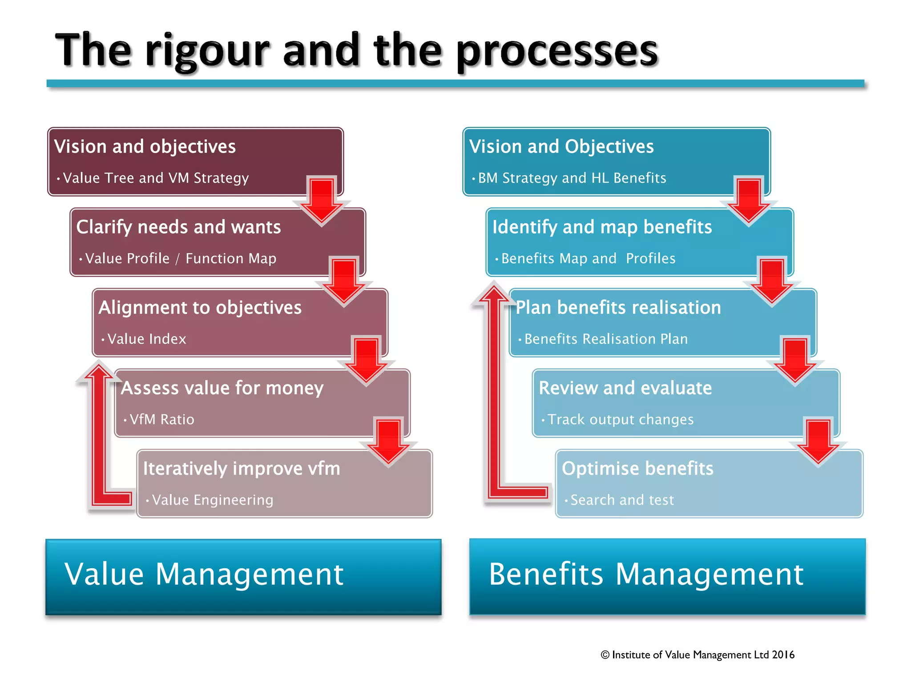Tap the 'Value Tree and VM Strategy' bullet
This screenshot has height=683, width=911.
156,178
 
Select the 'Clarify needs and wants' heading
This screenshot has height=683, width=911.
178,227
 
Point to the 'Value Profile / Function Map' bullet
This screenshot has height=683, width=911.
181,258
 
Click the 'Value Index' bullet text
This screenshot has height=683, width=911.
147,339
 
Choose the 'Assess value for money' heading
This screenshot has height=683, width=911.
222,388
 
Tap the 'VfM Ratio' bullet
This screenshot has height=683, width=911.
162,419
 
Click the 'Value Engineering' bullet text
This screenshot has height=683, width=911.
213,500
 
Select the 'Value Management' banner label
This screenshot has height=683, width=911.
204,574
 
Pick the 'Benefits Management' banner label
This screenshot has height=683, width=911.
646,574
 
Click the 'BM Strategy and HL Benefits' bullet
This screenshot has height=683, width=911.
572,178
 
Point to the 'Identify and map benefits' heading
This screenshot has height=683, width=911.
602,227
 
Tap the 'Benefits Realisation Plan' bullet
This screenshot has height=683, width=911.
606,339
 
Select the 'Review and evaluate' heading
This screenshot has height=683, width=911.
625,388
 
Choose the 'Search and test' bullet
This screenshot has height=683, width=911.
622,500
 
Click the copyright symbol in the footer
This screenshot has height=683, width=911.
605,655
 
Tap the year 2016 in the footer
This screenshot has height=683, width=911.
783,655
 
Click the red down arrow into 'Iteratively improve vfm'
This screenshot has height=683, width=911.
389,442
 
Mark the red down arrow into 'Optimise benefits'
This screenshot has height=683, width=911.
818,442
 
